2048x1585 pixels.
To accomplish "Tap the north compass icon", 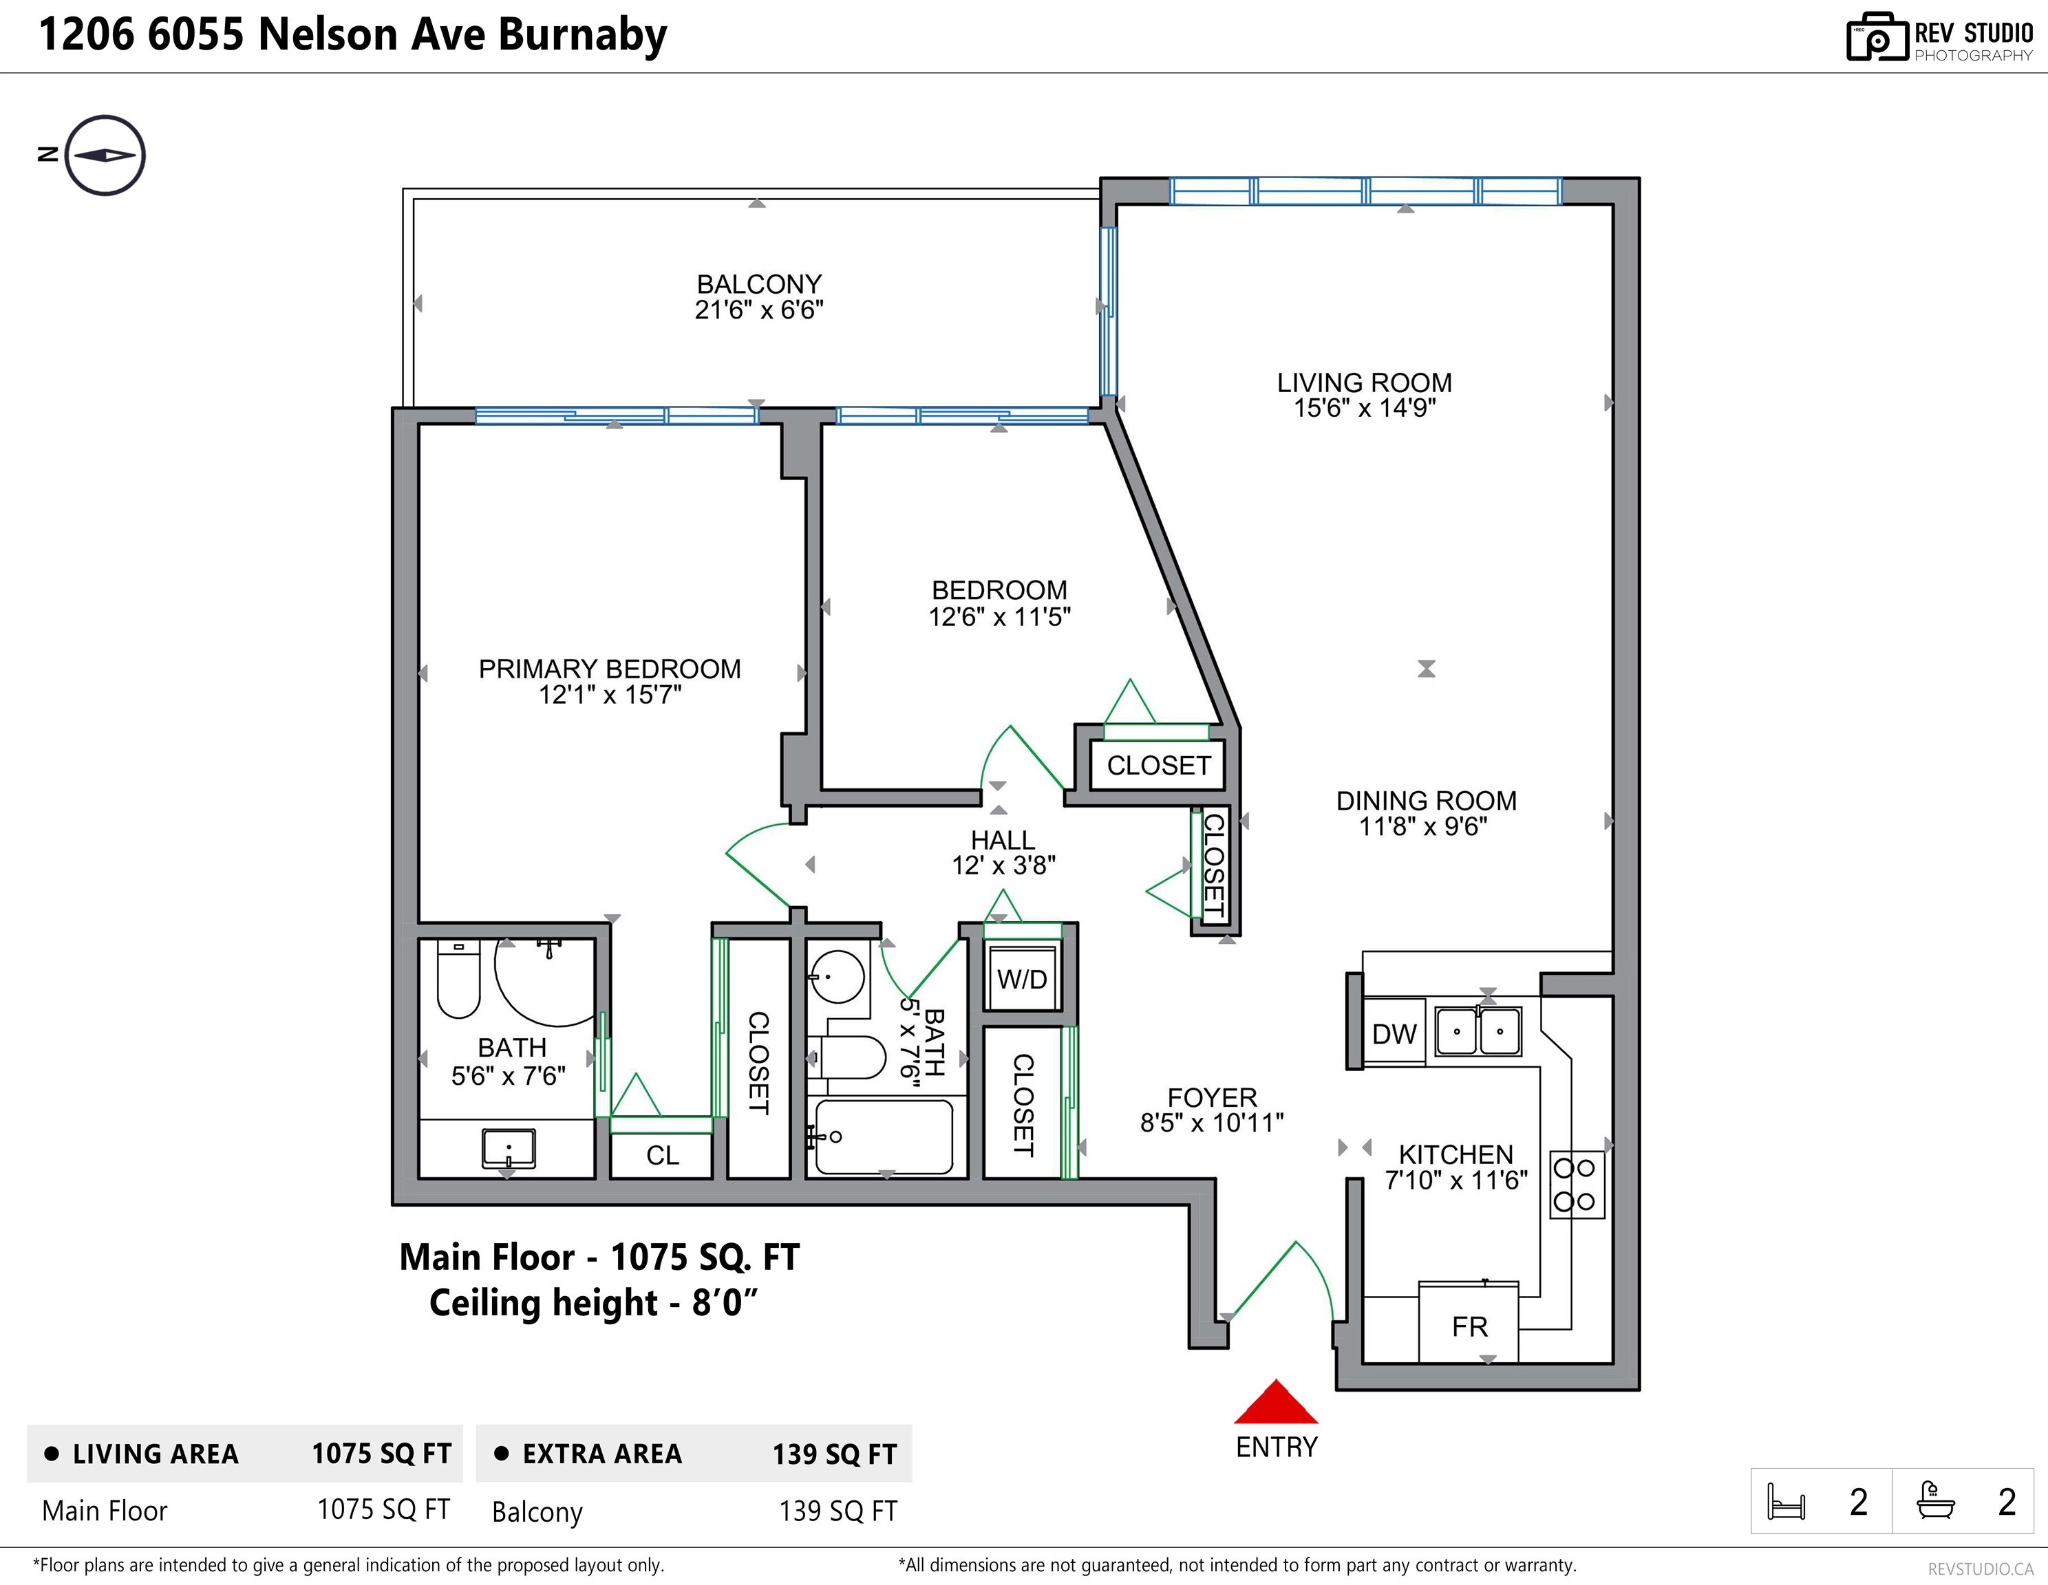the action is (x=106, y=155).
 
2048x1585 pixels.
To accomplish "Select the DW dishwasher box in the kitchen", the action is (x=1394, y=1033).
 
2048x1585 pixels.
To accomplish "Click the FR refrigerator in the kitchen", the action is (x=1469, y=1324).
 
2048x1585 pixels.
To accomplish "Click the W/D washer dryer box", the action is (x=1022, y=978).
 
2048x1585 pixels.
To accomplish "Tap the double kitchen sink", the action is (x=1478, y=1031).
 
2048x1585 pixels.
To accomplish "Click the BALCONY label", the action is (x=758, y=284).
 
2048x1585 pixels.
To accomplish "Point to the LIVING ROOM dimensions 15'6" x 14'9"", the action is (x=1365, y=408).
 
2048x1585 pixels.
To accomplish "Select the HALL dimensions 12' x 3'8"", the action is (x=1003, y=865).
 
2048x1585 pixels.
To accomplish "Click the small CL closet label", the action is (x=662, y=1156).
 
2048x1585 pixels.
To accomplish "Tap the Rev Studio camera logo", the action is (x=1877, y=38).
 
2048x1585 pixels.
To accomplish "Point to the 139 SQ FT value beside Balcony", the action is (x=838, y=1511).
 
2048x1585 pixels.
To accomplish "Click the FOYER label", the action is (x=1212, y=1097).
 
